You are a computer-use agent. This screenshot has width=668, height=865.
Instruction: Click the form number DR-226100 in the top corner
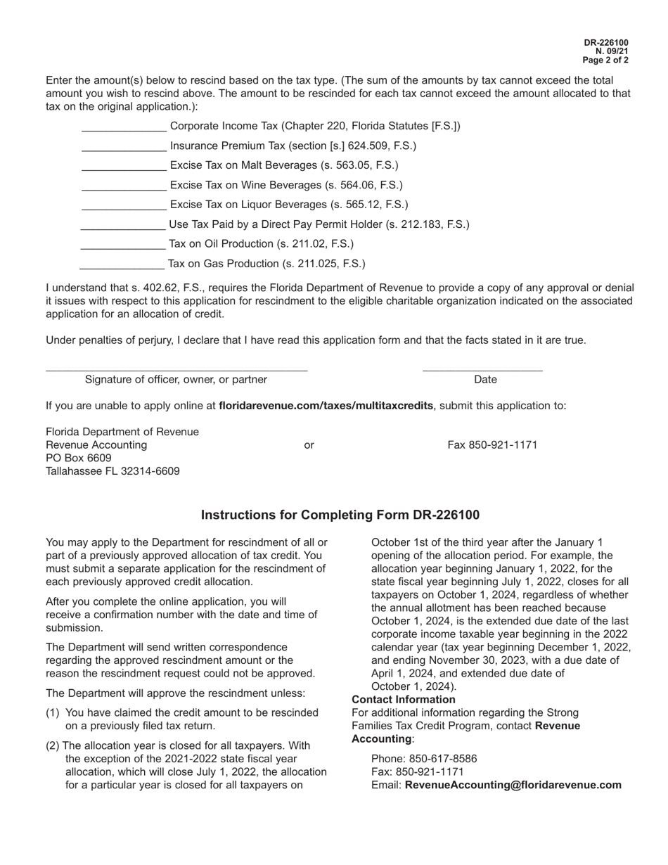coord(606,43)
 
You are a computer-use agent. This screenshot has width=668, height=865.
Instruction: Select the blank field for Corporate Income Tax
coord(124,128)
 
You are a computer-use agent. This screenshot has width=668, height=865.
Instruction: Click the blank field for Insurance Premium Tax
coord(124,148)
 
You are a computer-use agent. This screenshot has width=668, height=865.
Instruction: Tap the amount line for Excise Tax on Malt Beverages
coord(124,167)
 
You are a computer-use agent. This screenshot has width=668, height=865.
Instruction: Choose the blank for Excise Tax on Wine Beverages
coord(124,187)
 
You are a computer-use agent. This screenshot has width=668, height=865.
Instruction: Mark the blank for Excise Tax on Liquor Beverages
coord(124,207)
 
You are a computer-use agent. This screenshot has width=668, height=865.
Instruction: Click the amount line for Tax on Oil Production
coord(123,245)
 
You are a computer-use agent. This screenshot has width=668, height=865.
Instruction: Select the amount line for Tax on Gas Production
coord(122,265)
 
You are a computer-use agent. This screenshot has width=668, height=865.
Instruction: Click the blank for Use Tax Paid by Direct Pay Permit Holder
coord(123,226)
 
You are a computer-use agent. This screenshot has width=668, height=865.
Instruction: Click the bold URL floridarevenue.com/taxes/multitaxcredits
coord(326,406)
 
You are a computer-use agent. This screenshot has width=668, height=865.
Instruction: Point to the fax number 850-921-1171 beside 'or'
coord(492,445)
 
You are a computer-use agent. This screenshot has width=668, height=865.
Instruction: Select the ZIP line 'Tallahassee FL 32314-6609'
coord(113,471)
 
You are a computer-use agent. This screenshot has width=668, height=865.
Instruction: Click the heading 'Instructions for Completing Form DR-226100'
coord(340,515)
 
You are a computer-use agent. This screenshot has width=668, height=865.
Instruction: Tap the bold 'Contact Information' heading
coord(404,700)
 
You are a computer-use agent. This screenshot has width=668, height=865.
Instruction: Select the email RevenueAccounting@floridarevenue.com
coord(513,785)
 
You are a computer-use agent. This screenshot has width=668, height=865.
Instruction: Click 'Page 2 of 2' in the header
coord(605,60)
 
